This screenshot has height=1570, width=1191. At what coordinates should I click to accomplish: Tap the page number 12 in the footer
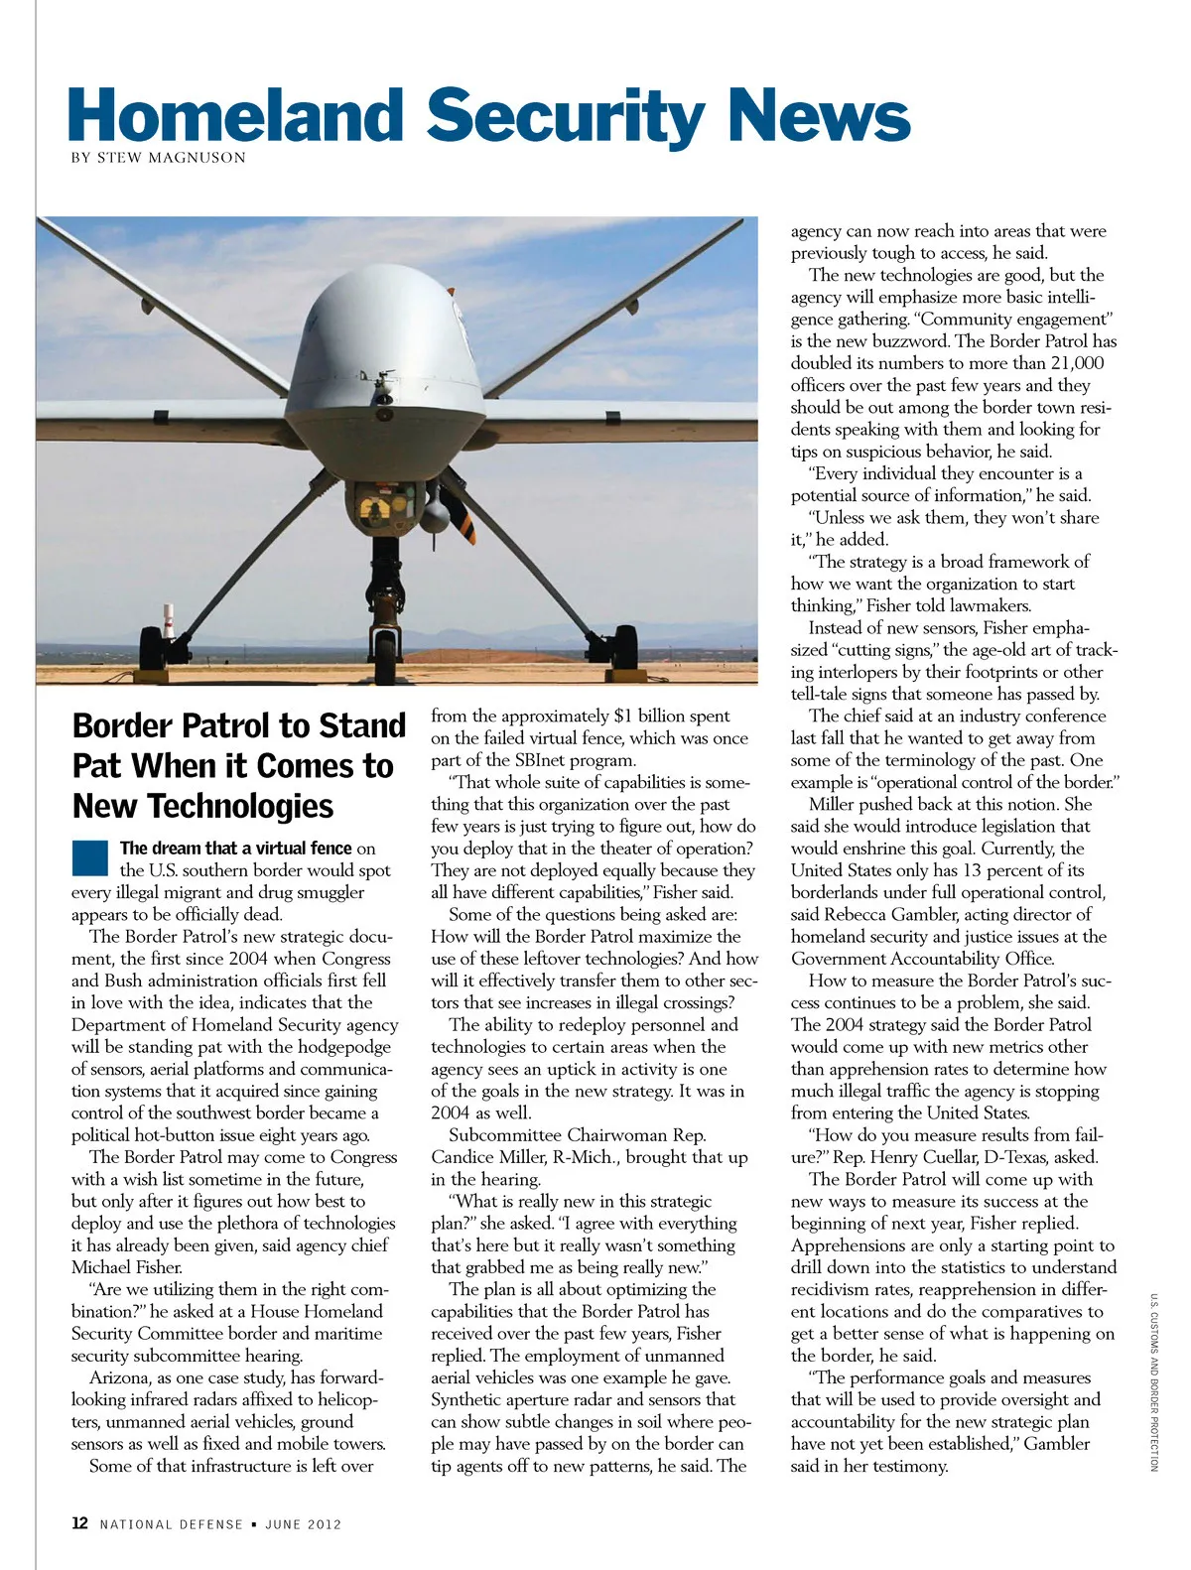coord(79,1523)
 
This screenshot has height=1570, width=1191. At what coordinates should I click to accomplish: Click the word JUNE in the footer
coord(283,1524)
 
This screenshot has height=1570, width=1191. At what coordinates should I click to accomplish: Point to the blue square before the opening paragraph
coord(88,856)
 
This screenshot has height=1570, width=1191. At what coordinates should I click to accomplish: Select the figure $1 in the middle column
coord(624,717)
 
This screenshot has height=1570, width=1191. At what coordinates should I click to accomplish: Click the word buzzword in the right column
coord(904,341)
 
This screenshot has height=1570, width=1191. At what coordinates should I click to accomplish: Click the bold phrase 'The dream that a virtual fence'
coord(235,849)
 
